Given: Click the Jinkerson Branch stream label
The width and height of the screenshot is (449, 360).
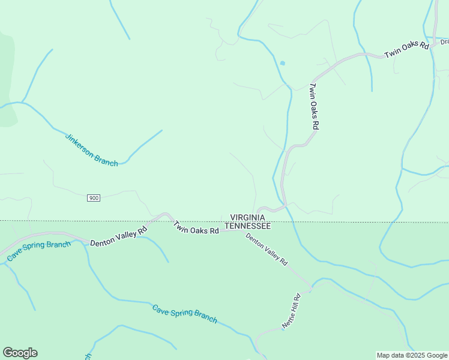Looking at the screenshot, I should (x=91, y=149).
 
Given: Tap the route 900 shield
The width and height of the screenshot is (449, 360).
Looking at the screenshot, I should (x=93, y=198).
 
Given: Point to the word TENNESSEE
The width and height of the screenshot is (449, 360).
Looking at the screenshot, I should (x=247, y=226).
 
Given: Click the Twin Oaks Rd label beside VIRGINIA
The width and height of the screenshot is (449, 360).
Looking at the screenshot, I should (x=196, y=227).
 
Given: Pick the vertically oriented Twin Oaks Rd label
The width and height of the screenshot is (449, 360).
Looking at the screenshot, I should (x=313, y=106).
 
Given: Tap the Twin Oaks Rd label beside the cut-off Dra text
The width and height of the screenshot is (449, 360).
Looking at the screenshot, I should (x=406, y=49).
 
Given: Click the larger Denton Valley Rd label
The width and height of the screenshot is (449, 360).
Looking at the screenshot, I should (x=118, y=236).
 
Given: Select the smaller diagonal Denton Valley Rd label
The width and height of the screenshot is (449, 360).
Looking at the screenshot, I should (x=267, y=249).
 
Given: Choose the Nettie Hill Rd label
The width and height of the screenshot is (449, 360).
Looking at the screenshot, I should (x=291, y=311).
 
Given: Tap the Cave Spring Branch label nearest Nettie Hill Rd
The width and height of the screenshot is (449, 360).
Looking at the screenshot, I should (x=184, y=314).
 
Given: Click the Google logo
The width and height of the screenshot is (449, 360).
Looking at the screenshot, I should (x=20, y=353).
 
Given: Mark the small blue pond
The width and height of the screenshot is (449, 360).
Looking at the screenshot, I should (x=282, y=62).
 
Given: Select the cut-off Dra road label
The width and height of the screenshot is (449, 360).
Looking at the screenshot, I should (x=444, y=42).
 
